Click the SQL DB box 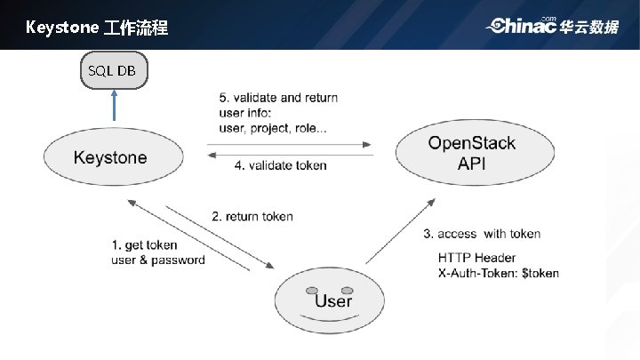[113, 70]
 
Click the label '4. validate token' [280, 165]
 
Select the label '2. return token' [252, 216]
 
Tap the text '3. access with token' [481, 234]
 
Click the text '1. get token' [144, 245]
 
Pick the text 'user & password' [158, 260]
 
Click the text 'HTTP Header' [476, 258]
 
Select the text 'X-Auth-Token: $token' [498, 273]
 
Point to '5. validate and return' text [277, 98]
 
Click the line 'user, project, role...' [272, 128]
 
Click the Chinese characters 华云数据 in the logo [589, 27]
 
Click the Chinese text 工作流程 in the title [134, 28]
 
